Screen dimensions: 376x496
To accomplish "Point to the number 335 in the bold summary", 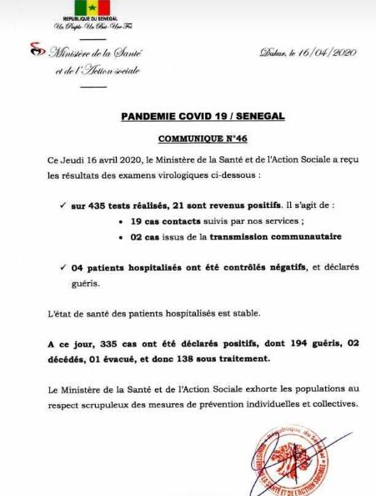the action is pyautogui.click(x=121, y=345).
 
